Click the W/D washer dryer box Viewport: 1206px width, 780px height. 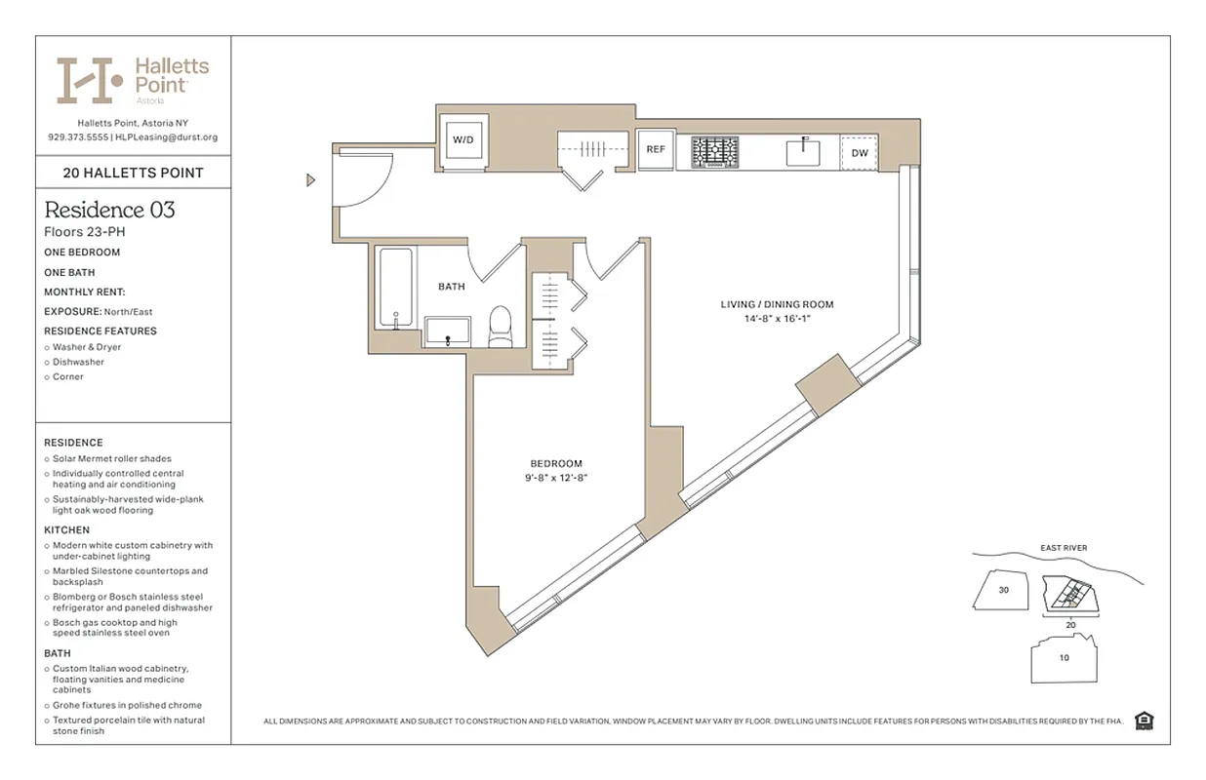pyautogui.click(x=462, y=140)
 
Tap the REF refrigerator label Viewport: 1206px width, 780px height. pyautogui.click(x=656, y=150)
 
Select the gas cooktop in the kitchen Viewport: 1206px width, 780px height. pyautogui.click(x=715, y=151)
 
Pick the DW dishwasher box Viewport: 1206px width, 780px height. pyautogui.click(x=860, y=153)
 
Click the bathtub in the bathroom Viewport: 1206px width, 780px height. pyautogui.click(x=396, y=288)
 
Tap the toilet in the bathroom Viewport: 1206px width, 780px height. pyautogui.click(x=501, y=327)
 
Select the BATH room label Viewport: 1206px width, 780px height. pyautogui.click(x=451, y=287)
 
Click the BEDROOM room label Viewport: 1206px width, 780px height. pyautogui.click(x=556, y=463)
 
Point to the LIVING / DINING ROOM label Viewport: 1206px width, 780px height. pyautogui.click(x=777, y=304)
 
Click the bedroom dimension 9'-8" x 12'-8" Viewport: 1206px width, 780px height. pyautogui.click(x=556, y=478)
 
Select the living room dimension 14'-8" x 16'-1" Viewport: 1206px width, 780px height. pyautogui.click(x=777, y=319)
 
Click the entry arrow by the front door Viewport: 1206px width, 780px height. pyautogui.click(x=311, y=179)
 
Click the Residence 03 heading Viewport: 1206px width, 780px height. pyautogui.click(x=110, y=210)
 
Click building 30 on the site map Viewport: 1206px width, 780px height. pyautogui.click(x=1003, y=590)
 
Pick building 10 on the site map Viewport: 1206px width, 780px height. pyautogui.click(x=1064, y=657)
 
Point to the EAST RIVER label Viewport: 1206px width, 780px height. pyautogui.click(x=1063, y=548)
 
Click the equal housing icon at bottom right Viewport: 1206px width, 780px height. pyautogui.click(x=1145, y=721)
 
